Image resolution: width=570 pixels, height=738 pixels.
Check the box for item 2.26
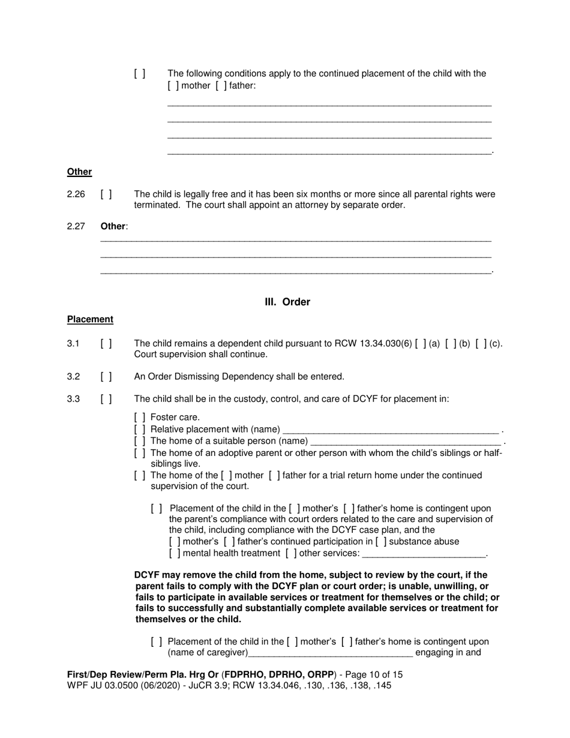(106, 194)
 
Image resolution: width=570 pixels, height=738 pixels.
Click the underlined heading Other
(79, 172)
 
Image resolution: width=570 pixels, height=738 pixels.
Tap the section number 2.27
(76, 227)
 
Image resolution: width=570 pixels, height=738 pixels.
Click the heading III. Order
(287, 302)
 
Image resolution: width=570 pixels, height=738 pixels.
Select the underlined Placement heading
(90, 320)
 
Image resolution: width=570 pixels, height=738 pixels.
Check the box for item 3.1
(106, 344)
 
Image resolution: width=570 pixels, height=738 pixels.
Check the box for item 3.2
(106, 377)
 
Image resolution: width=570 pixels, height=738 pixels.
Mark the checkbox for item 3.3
(106, 399)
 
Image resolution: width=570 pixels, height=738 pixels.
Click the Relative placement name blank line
(390, 430)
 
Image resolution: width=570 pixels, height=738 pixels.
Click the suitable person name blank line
(405, 441)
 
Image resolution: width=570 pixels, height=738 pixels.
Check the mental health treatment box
(175, 553)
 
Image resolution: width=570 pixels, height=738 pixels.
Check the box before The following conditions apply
(140, 74)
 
